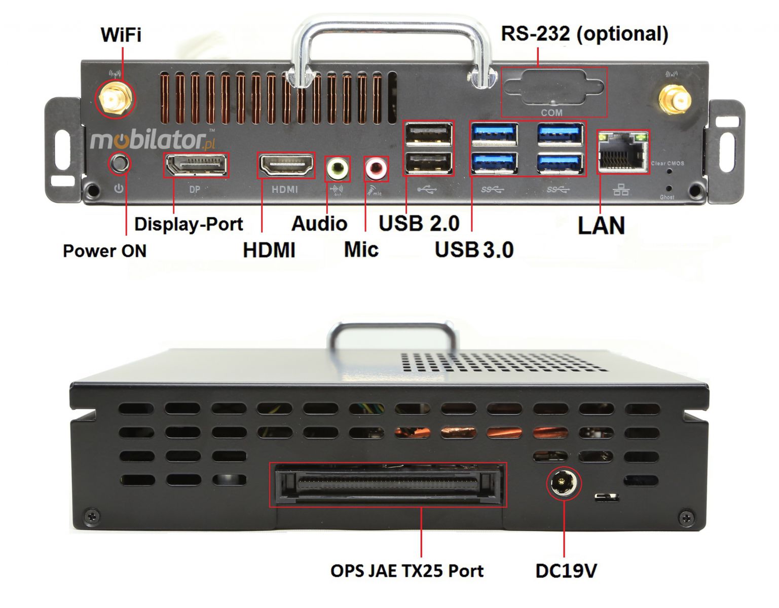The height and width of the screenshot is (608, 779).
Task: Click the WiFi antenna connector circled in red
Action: click(115, 99)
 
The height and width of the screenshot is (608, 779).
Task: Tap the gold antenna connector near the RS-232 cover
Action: click(674, 99)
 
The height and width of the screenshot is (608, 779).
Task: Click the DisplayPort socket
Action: click(196, 165)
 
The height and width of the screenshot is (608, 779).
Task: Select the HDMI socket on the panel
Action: click(286, 165)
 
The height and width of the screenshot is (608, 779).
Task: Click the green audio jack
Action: click(337, 169)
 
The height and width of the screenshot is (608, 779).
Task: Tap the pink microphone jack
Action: click(377, 169)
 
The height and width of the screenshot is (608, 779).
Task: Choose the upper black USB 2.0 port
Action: click(429, 134)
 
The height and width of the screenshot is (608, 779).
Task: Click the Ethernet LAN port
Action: click(623, 151)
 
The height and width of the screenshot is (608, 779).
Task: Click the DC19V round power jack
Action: click(563, 483)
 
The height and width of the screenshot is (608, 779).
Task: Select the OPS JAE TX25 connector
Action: click(388, 484)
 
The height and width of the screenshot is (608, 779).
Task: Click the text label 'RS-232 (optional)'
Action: click(584, 34)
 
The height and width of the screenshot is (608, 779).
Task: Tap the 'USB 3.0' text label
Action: click(474, 249)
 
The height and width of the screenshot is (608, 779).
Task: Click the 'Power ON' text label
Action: click(104, 251)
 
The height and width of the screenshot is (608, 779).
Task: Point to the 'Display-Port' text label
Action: click(189, 224)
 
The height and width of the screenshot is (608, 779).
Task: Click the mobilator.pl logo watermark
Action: click(152, 140)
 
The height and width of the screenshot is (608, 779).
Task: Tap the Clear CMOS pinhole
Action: click(670, 171)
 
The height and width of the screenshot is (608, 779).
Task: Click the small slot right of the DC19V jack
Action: click(607, 497)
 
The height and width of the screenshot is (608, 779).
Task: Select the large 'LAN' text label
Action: click(601, 225)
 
